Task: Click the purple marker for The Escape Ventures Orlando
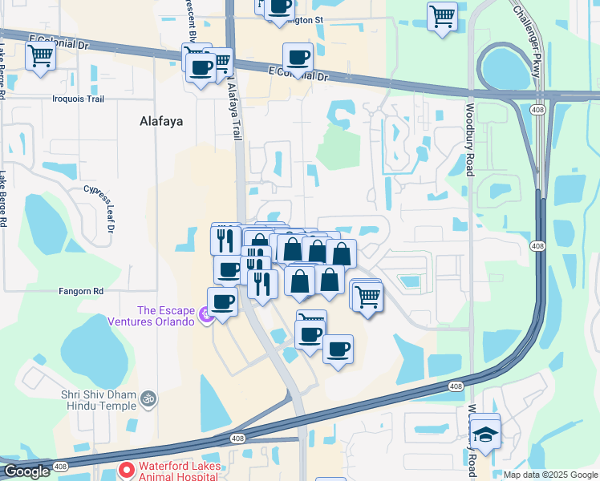point(206,316)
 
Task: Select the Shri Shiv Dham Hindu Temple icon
point(148,398)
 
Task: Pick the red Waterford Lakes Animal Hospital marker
point(126,468)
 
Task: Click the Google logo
point(26,471)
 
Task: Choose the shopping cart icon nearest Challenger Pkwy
point(442,15)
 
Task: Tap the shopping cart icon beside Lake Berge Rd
point(40,56)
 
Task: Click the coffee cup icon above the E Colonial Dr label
point(298,57)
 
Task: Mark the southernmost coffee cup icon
point(338,349)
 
